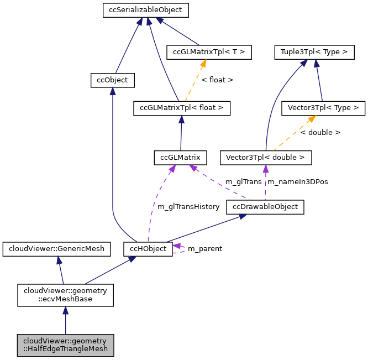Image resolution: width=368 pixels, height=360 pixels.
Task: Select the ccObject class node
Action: tap(112, 80)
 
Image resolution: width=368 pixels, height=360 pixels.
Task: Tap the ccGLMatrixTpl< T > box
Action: tap(209, 53)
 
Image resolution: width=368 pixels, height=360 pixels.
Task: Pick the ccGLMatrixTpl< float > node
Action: tap(182, 108)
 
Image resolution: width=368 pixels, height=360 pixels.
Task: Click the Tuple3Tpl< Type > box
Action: tap(313, 53)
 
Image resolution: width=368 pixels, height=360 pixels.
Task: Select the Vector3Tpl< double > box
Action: tap(266, 158)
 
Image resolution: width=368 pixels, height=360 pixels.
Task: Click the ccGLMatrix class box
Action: tap(181, 158)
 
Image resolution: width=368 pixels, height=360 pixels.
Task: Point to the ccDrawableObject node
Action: tap(265, 207)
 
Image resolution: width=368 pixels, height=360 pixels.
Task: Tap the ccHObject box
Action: tap(148, 249)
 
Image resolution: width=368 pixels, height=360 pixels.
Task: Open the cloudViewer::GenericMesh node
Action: tap(56, 249)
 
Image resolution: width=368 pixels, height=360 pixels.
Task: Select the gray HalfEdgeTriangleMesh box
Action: tap(65, 345)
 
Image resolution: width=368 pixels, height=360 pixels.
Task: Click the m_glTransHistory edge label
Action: tap(188, 206)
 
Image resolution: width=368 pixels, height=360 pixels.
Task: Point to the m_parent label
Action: tap(204, 249)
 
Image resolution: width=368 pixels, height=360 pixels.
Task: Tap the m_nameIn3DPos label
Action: tap(297, 182)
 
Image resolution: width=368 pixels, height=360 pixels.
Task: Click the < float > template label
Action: tap(217, 80)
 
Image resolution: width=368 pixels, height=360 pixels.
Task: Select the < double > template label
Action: tap(320, 133)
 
